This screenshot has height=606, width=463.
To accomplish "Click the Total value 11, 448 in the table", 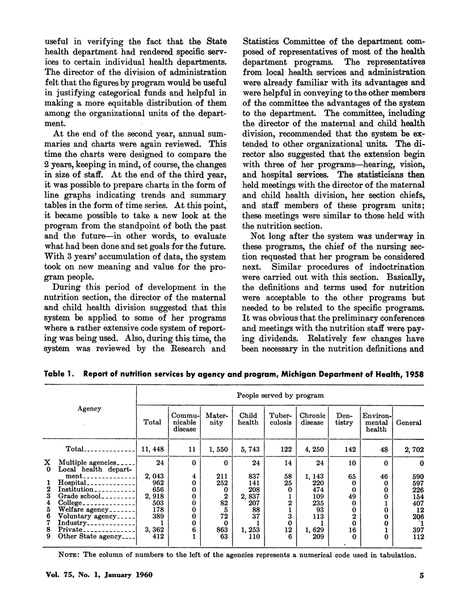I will coord(153,448).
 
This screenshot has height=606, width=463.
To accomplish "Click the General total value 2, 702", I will coord(409,448).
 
